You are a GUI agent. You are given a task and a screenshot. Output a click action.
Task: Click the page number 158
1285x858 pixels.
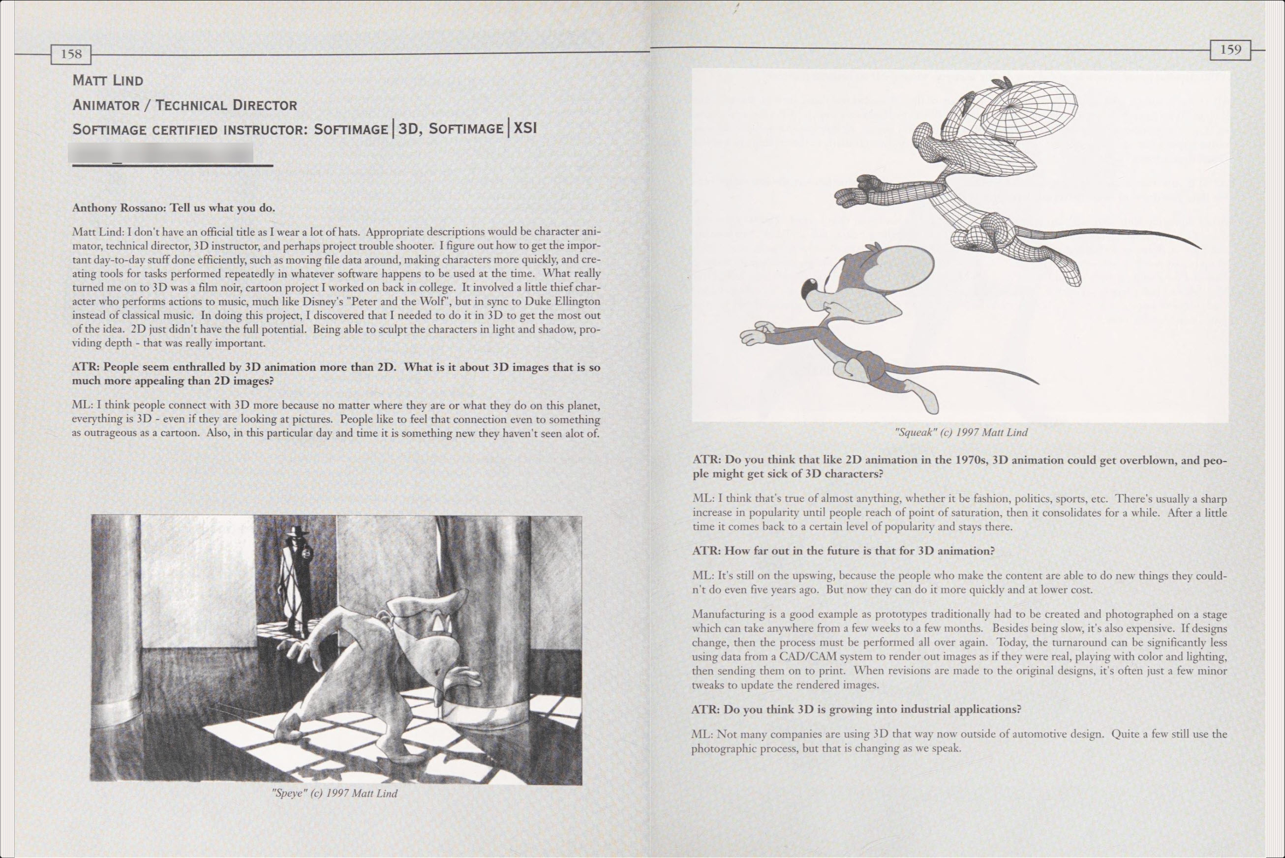tap(71, 54)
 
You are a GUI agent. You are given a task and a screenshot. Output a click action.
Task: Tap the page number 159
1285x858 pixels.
tap(1230, 50)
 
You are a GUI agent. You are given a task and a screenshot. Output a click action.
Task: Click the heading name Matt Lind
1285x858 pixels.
tap(108, 81)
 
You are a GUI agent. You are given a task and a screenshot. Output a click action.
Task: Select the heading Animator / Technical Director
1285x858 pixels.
tap(184, 105)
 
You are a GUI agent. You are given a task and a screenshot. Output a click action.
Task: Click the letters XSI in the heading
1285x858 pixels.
tap(525, 128)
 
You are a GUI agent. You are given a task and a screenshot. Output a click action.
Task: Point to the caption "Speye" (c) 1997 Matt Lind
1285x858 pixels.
tap(335, 793)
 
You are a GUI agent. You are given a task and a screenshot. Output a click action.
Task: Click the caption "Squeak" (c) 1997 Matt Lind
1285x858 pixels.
tap(961, 432)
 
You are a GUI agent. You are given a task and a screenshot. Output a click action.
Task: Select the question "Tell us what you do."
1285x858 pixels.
tap(222, 208)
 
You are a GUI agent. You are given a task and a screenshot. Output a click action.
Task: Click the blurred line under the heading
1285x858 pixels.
tap(161, 154)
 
